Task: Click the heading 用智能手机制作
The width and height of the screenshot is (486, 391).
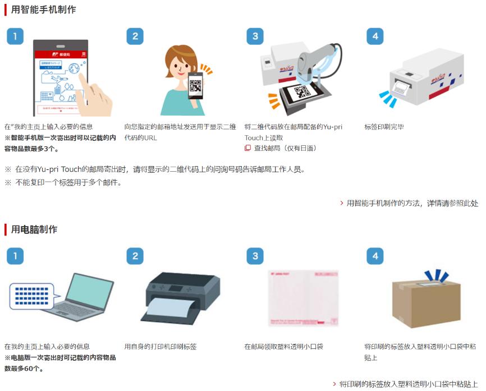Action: click(x=43, y=10)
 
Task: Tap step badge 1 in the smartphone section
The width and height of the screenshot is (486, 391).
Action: click(x=15, y=36)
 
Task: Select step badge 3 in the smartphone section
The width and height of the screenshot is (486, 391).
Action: click(x=255, y=36)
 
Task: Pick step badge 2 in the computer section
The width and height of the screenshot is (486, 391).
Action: click(x=135, y=256)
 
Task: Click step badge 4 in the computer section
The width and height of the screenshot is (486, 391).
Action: click(x=375, y=256)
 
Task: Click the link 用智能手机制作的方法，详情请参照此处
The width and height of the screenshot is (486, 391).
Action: click(x=412, y=203)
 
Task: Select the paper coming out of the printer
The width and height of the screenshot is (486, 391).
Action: click(x=169, y=307)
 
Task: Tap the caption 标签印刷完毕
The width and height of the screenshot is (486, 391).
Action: click(x=384, y=127)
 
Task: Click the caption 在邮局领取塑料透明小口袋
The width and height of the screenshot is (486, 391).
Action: click(x=283, y=347)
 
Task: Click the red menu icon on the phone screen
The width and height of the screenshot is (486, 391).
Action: click(x=84, y=54)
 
